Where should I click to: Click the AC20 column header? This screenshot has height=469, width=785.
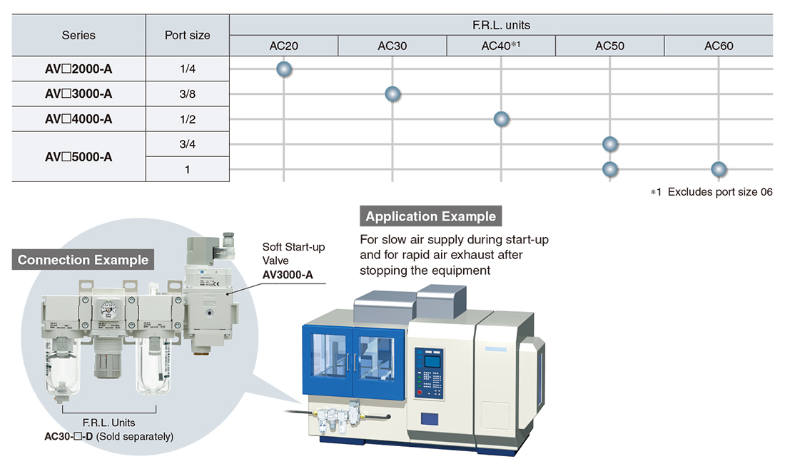[283, 46]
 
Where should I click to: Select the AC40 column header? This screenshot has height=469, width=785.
[501, 46]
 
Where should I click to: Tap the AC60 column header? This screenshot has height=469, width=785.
[719, 46]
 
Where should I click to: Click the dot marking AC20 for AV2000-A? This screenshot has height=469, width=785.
[284, 69]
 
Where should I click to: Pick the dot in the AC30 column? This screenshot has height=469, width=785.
[392, 94]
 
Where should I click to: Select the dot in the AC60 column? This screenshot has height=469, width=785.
[719, 169]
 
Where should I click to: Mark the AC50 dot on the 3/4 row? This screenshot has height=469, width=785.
[609, 144]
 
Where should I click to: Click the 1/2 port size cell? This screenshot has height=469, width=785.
[187, 119]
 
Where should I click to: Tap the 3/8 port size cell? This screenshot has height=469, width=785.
[187, 94]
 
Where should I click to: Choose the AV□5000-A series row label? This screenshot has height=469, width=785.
[78, 156]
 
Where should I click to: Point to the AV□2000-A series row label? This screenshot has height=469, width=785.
[78, 69]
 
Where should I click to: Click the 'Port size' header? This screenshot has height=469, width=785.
[187, 35]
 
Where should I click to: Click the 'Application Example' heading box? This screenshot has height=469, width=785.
[430, 216]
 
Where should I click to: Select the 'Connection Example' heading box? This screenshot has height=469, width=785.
[83, 260]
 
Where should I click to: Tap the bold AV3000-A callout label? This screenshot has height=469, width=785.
[288, 275]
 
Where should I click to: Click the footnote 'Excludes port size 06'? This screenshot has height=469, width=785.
[720, 192]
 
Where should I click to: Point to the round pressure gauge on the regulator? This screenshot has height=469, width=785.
[108, 309]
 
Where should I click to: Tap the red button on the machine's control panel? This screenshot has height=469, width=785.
[420, 393]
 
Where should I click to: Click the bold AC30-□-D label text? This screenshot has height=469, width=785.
[69, 436]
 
